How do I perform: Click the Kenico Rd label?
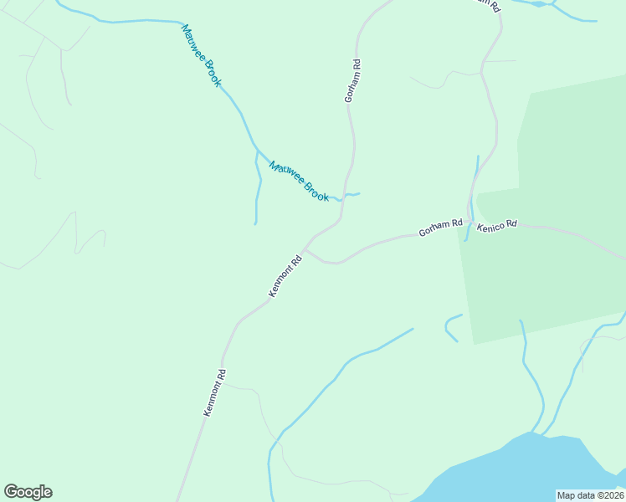click(x=497, y=225)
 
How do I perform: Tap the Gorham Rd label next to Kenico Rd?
click(x=440, y=227)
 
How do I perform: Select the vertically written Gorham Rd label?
click(x=353, y=80)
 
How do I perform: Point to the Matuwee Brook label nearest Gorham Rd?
click(x=299, y=181)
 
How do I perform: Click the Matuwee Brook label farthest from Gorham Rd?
click(x=201, y=55)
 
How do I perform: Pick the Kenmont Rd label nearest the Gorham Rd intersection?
click(x=285, y=276)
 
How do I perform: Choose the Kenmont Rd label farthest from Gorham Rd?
click(x=215, y=392)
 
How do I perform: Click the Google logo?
click(x=28, y=492)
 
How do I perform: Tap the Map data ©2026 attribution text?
click(x=589, y=495)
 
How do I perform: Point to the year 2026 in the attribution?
click(x=611, y=495)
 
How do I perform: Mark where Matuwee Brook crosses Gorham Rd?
click(x=343, y=197)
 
